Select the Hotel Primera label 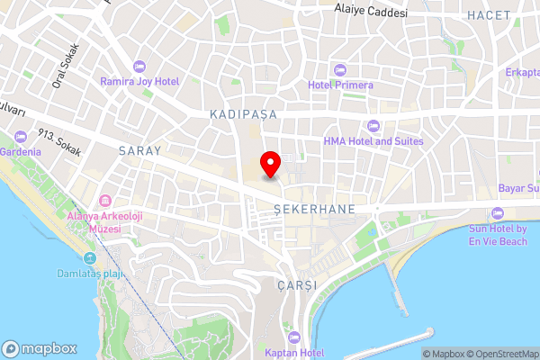click(340, 85)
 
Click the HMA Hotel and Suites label click(372, 141)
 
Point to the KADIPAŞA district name click(242, 115)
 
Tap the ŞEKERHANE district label click(314, 208)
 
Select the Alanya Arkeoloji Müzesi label click(104, 222)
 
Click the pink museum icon click(105, 200)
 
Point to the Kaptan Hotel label click(293, 352)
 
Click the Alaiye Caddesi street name click(370, 13)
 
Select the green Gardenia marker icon click(21, 138)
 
